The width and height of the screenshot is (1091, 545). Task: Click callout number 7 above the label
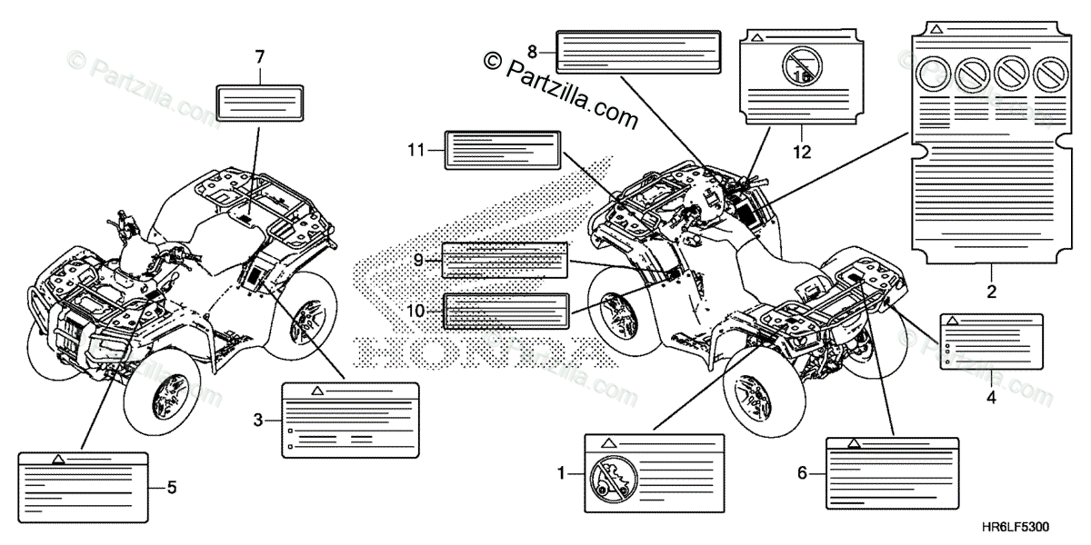pos(259,57)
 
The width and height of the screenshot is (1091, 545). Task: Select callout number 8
pos(532,50)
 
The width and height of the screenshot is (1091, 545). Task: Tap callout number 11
pos(416,150)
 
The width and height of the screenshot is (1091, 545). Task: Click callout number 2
pos(991,292)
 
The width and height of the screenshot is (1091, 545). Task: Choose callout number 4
pos(991,396)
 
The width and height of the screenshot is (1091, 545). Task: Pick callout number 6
pos(801,472)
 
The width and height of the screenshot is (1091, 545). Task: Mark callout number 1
pos(561,472)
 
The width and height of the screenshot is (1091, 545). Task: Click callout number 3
pos(258,420)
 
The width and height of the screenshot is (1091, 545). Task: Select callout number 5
pos(171,487)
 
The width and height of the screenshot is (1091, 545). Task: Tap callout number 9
pos(417,260)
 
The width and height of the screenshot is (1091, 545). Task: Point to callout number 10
pos(415,311)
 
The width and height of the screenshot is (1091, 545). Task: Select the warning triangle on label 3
pos(317,390)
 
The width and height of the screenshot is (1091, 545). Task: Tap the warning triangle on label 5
pos(57,460)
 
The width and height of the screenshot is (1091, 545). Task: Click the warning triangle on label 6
pos(854,443)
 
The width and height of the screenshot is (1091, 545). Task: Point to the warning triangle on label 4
pos(952,322)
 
